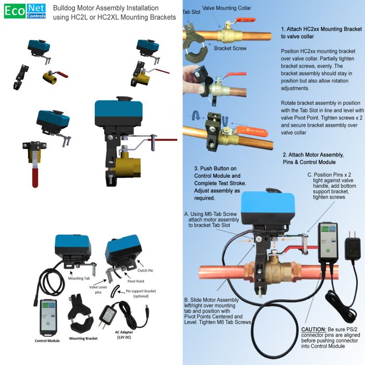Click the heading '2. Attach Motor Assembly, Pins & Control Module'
313,159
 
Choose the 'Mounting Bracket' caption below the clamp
83,338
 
